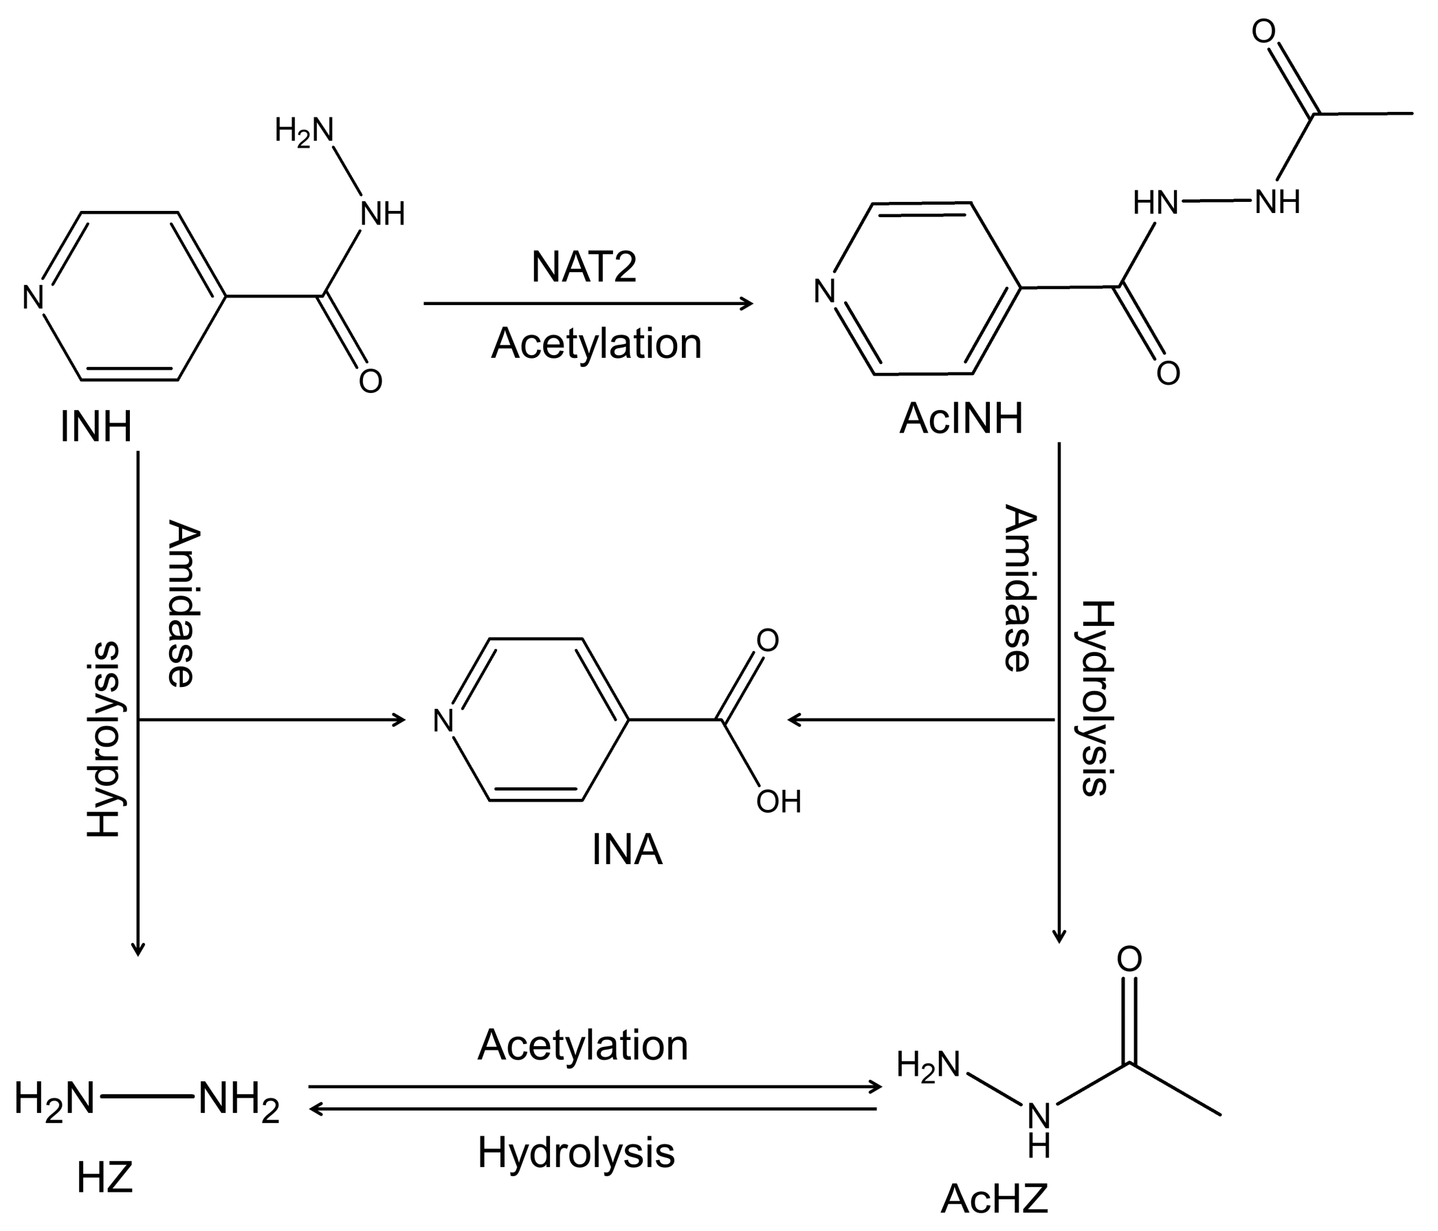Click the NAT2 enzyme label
click(584, 267)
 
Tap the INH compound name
click(96, 426)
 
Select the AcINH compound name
click(960, 419)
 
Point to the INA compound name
click(627, 850)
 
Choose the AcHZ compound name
click(994, 1199)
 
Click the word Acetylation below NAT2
click(596, 343)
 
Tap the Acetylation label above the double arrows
click(582, 1045)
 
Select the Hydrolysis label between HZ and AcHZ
click(576, 1153)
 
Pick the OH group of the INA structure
click(779, 802)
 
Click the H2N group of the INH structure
click(304, 130)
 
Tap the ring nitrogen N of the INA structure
click(443, 721)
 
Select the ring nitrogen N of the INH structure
click(33, 297)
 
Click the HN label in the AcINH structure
click(1155, 203)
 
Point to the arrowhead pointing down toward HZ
click(138, 949)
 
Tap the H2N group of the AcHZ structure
click(927, 1065)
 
